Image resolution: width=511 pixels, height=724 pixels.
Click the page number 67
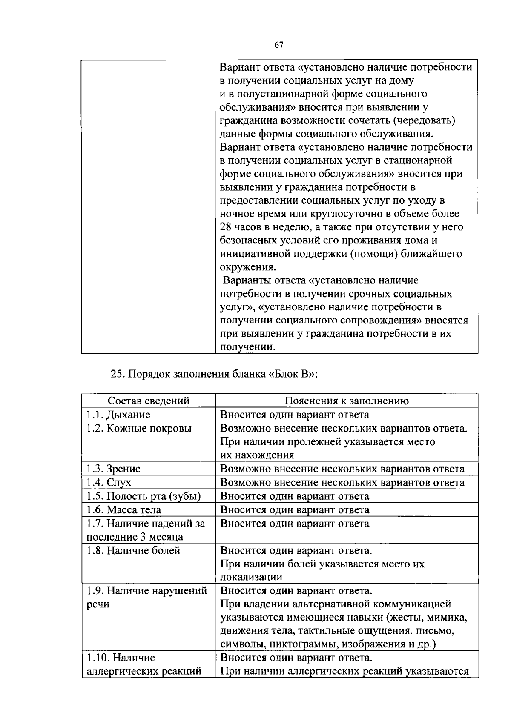point(279,45)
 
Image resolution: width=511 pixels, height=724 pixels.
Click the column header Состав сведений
point(148,401)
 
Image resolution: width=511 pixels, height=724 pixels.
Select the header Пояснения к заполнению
point(346,401)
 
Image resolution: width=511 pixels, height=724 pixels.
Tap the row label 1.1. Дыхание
point(118,415)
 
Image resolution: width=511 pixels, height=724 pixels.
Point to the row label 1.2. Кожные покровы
point(139,428)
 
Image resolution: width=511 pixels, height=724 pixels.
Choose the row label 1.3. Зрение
point(113,469)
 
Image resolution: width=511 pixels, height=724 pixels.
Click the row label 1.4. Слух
point(109,483)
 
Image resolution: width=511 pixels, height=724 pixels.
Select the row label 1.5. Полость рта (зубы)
point(144,496)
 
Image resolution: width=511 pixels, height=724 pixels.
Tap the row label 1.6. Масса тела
point(123,510)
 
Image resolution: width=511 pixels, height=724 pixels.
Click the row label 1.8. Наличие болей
point(133,551)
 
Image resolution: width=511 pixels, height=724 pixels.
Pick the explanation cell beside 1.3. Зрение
point(342,469)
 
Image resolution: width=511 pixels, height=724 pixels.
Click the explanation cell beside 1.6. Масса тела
point(295,510)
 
